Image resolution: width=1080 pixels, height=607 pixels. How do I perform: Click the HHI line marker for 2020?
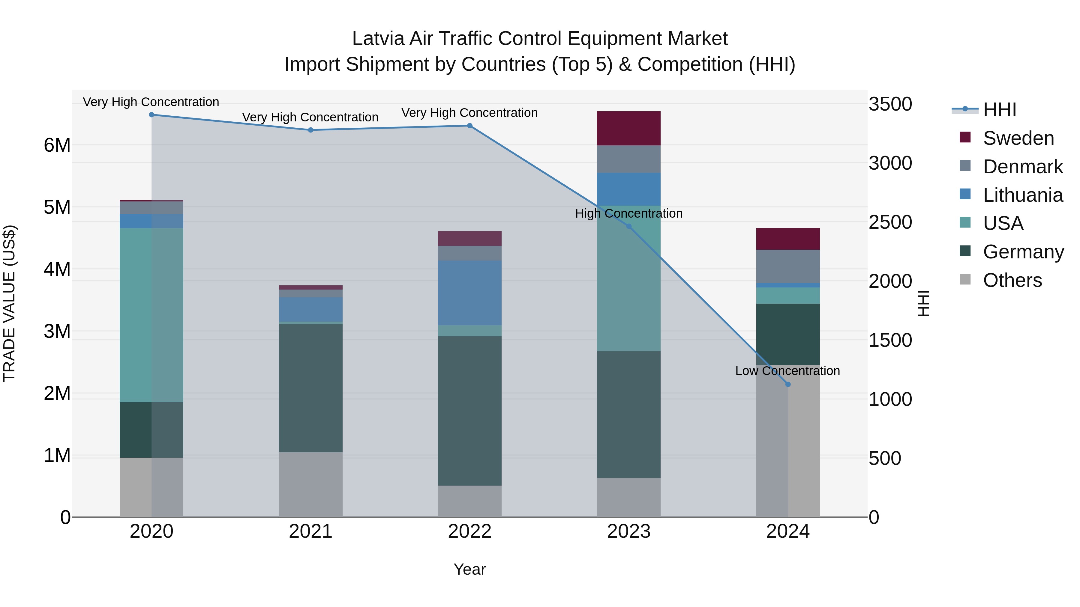point(151,115)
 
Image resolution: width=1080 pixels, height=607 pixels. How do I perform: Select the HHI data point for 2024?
point(788,384)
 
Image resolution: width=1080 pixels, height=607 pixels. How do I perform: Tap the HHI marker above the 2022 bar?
point(469,126)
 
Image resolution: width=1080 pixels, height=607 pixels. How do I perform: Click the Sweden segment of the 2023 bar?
point(628,128)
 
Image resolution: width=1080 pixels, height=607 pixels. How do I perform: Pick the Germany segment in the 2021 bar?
point(311,388)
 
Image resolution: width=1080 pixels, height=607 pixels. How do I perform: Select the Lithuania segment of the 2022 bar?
point(469,293)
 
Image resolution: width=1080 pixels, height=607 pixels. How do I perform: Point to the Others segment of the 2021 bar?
point(311,484)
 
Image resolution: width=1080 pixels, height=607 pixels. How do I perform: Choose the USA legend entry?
point(1003,223)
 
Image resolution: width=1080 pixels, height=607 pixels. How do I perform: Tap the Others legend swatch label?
point(1012,280)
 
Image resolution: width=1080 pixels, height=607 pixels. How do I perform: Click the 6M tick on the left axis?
point(57,145)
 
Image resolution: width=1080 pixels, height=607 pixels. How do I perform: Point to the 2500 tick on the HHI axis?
point(890,222)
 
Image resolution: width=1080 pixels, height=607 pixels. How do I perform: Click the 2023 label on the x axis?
point(628,531)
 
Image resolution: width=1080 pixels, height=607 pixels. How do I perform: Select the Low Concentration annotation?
point(787,371)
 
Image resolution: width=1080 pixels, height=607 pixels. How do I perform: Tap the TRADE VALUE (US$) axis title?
point(9,303)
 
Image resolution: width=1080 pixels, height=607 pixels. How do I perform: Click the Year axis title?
point(469,569)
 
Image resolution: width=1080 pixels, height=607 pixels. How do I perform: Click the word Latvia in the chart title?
point(378,39)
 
